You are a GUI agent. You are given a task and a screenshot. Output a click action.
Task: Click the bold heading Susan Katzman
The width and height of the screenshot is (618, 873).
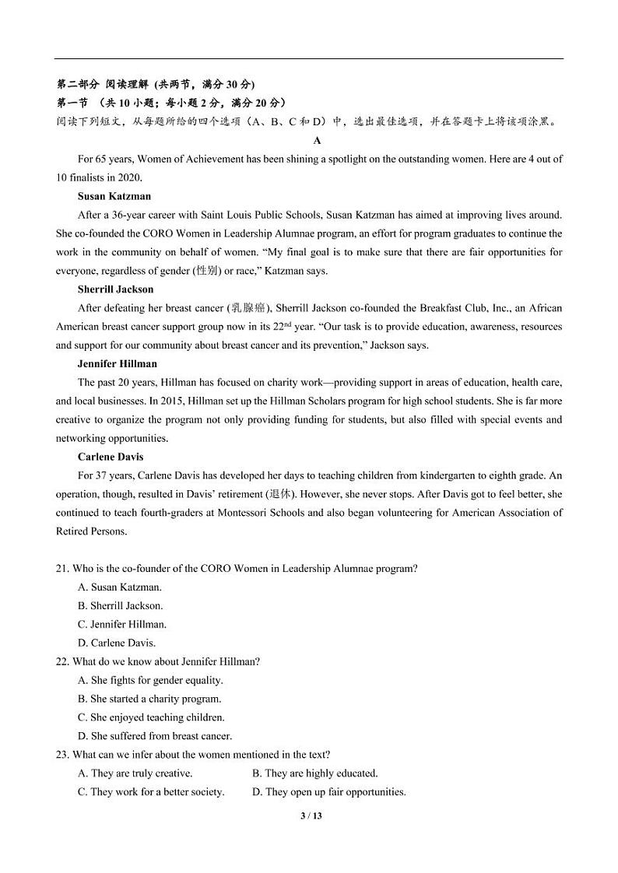(114, 196)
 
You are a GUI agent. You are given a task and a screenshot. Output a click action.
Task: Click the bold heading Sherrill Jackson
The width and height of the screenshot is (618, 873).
(116, 289)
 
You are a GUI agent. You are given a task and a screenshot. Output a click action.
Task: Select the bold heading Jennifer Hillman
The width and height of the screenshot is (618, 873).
(118, 363)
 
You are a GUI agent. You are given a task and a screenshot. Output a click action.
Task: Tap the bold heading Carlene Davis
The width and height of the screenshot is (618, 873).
(111, 457)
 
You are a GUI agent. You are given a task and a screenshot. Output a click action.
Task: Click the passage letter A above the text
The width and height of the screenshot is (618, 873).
(317, 140)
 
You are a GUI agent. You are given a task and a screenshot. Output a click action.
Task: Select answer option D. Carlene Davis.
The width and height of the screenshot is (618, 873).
(117, 643)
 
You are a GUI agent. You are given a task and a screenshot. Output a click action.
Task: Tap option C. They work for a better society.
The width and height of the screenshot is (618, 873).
(151, 792)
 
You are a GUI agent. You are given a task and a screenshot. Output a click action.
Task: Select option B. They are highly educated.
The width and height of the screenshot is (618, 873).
(314, 773)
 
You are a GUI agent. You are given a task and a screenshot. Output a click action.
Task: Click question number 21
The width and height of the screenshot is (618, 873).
(62, 569)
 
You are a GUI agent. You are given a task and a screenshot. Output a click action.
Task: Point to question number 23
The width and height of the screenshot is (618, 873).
(62, 755)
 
